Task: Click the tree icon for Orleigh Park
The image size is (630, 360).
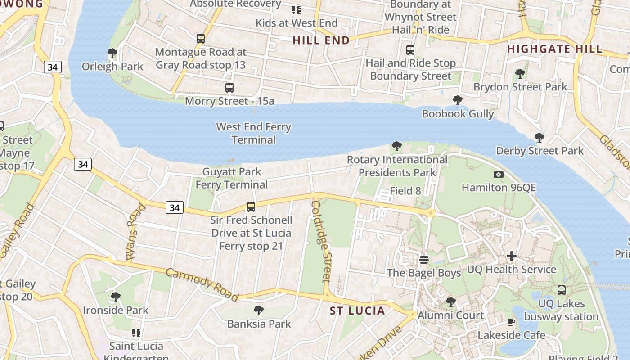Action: click(112, 54)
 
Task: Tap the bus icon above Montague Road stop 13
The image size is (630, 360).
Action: click(201, 39)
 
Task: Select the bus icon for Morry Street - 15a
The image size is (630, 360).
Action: click(229, 88)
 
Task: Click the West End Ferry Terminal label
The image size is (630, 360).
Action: click(253, 133)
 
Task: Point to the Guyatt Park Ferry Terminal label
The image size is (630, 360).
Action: click(232, 178)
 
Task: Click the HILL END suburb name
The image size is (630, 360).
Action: click(321, 40)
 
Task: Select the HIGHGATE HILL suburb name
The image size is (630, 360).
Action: click(555, 49)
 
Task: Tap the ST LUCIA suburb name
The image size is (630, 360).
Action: click(357, 311)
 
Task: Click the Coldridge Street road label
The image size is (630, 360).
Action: click(321, 241)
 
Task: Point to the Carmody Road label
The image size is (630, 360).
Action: click(202, 284)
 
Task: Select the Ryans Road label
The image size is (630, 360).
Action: click(136, 232)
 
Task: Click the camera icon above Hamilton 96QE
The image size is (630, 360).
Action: click(499, 174)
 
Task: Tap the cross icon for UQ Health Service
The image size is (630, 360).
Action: click(512, 256)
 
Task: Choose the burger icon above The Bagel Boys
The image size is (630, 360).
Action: click(424, 260)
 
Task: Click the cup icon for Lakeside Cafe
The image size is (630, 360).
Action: click(511, 322)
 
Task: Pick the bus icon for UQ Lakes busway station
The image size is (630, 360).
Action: click(562, 290)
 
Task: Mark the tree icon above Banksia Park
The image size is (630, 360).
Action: click(259, 310)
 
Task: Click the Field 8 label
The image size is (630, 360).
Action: click(405, 191)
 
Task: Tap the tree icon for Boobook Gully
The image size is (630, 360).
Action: click(458, 100)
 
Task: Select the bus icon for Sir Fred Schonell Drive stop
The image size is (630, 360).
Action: click(251, 207)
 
